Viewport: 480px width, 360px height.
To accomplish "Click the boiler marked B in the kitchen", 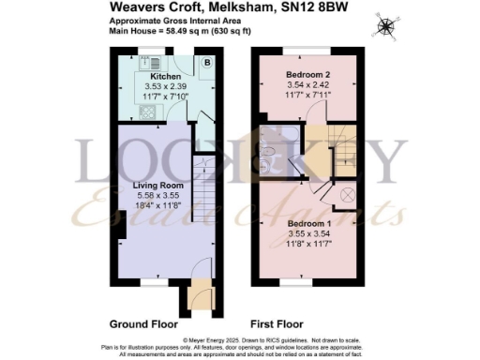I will [206, 63].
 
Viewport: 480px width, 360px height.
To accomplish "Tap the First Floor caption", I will [277, 323].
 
